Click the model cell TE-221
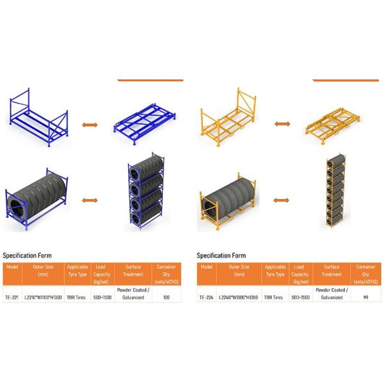pyautogui.click(x=12, y=297)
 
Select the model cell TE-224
pyautogui.click(x=205, y=297)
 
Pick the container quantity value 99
pyautogui.click(x=365, y=297)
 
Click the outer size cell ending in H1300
pyautogui.click(x=43, y=297)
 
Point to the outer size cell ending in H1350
pyautogui.click(x=238, y=297)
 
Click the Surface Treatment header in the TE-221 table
pyautogui.click(x=132, y=270)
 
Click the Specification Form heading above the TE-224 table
pyautogui.click(x=221, y=255)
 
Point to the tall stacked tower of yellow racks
pyautogui.click(x=337, y=195)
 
